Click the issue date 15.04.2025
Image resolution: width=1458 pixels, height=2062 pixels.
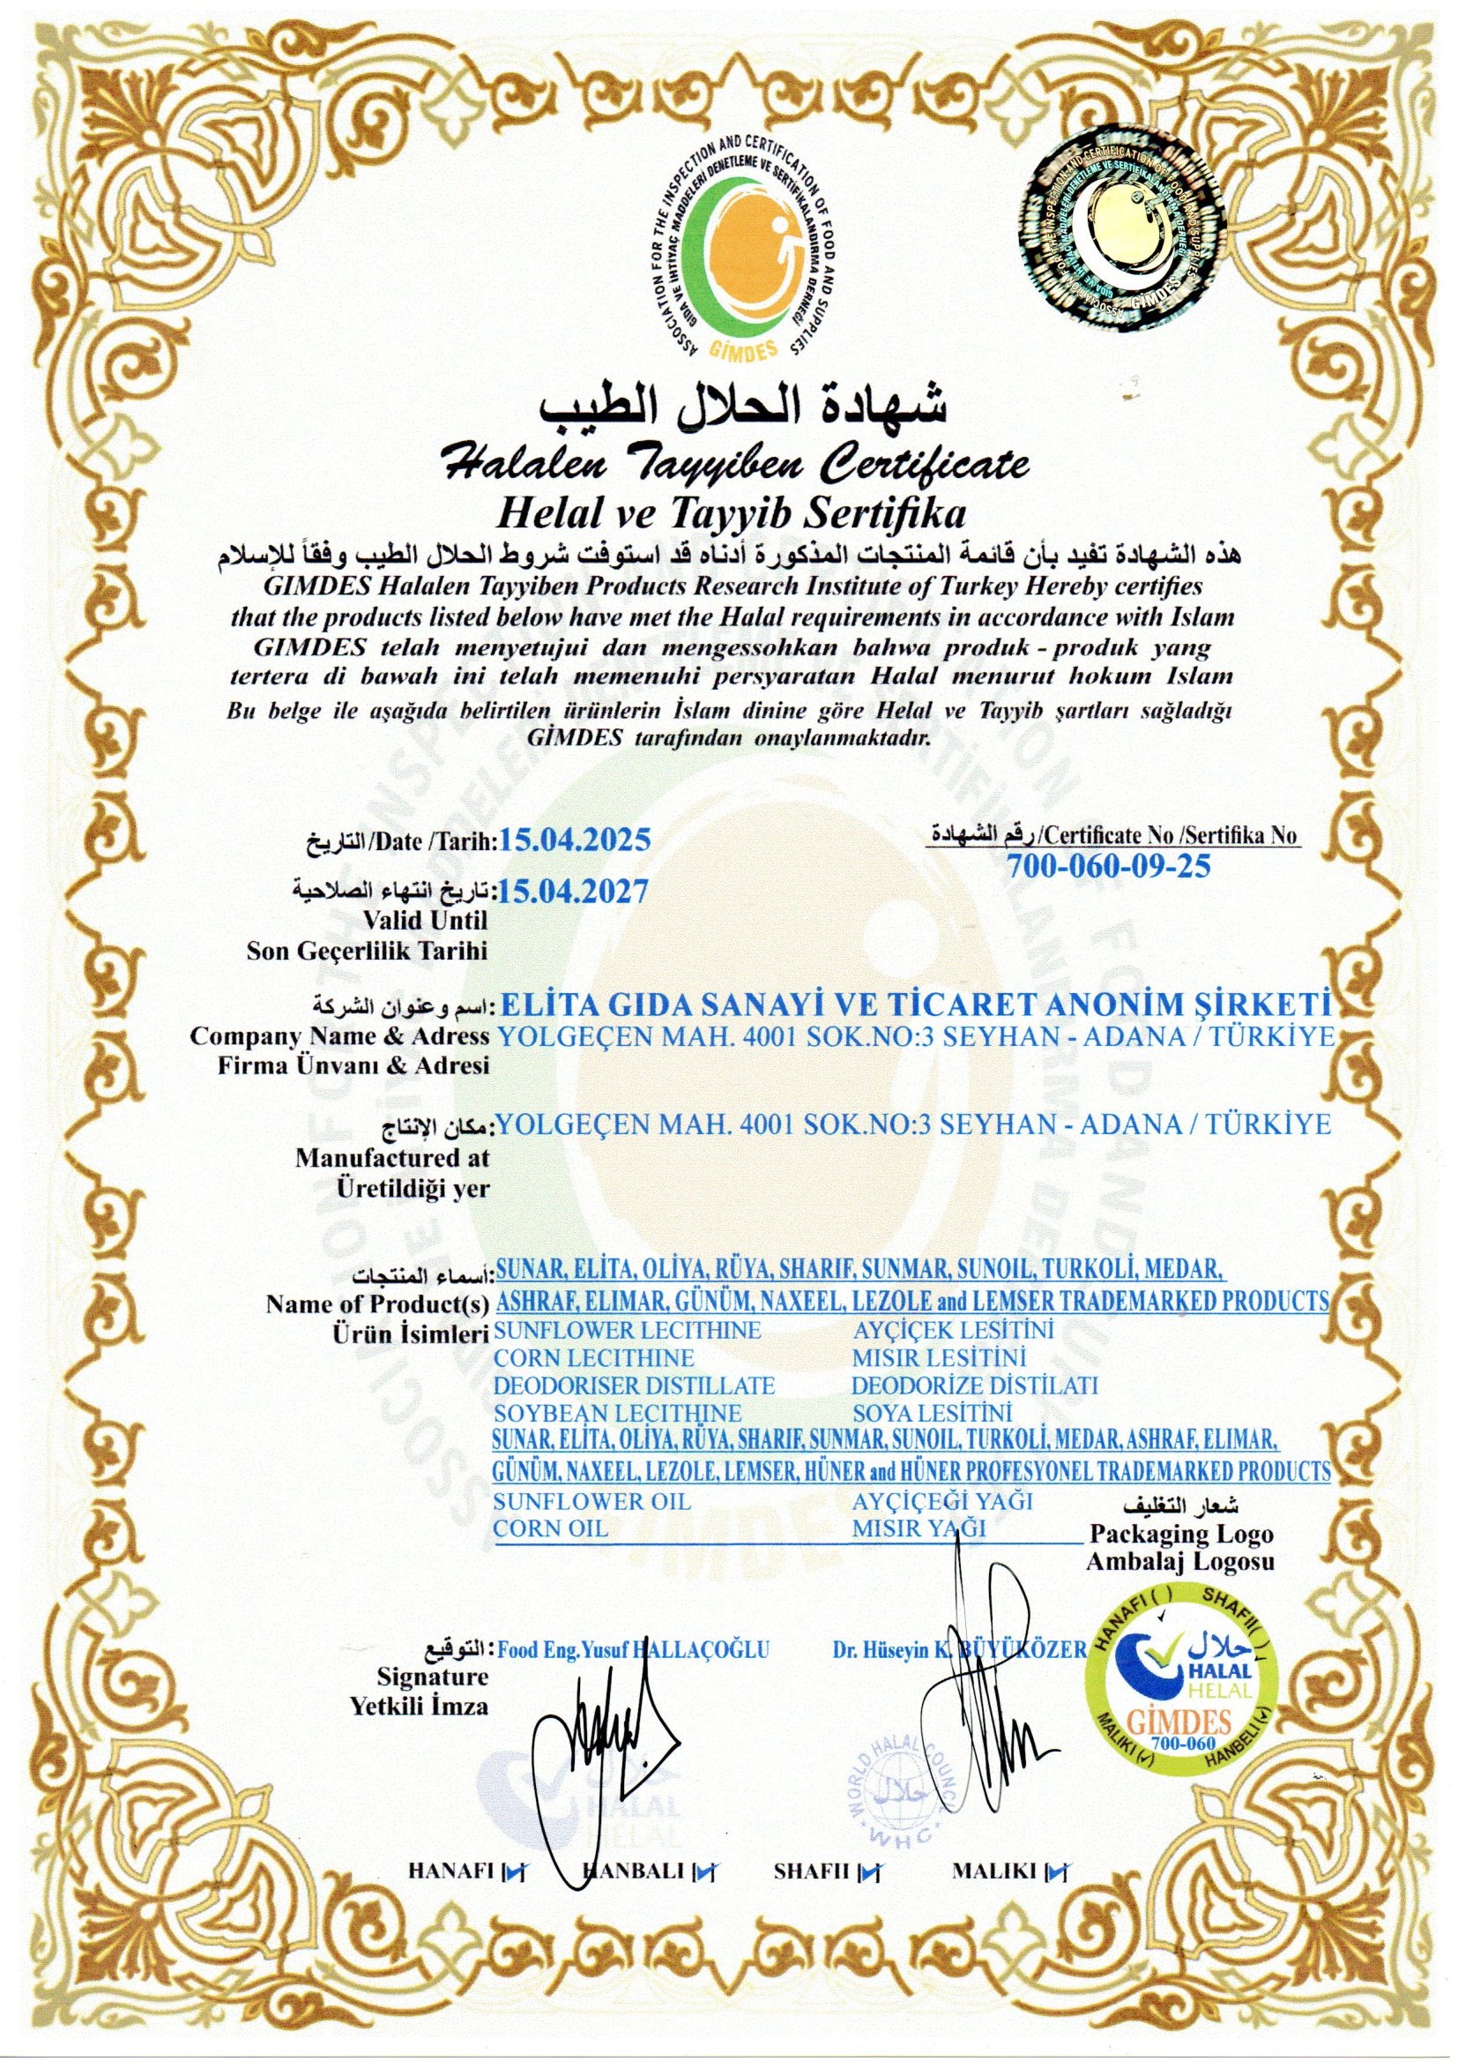pyautogui.click(x=575, y=841)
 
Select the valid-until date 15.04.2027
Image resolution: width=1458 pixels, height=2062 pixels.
pyautogui.click(x=575, y=892)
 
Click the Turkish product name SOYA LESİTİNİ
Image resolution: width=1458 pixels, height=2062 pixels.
pyautogui.click(x=932, y=1413)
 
